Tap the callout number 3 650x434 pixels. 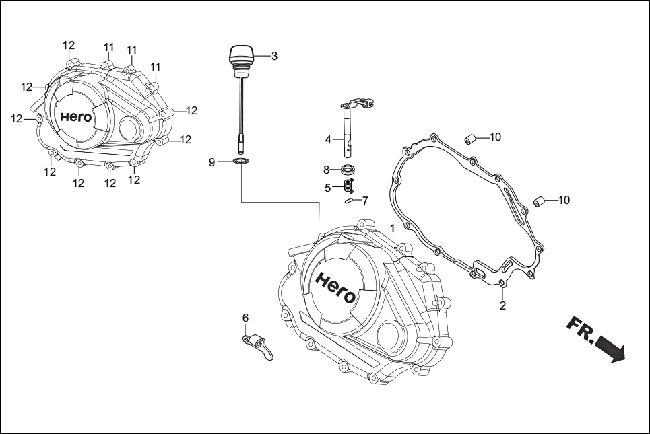pos(274,57)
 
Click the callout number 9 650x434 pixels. pos(212,162)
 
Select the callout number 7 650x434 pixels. pos(365,201)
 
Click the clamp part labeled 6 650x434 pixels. pos(257,344)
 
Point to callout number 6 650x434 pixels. pos(246,317)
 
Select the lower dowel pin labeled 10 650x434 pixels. pos(539,201)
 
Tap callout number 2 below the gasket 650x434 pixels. pos(502,306)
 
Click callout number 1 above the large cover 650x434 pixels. pos(392,229)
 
